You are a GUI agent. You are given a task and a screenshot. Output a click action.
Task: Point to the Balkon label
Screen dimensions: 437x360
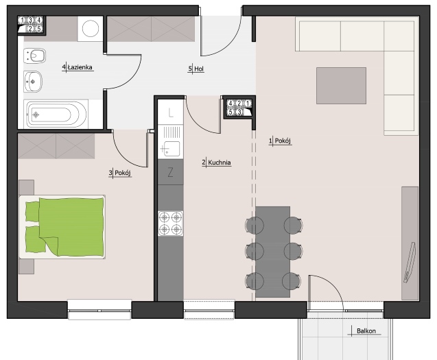click(x=366, y=331)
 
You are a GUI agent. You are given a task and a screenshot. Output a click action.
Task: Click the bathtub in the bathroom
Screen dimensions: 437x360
click(x=56, y=115)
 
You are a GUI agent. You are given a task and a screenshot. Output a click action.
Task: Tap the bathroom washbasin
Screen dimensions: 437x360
click(x=33, y=82)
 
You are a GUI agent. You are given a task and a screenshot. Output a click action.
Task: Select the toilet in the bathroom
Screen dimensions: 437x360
click(x=35, y=56)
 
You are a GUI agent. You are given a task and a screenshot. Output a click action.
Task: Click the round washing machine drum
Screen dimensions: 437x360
click(x=91, y=28)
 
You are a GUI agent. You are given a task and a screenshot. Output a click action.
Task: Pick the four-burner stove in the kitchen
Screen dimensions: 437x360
click(x=171, y=223)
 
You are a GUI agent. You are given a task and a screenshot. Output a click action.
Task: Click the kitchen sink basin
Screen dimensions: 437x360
click(x=172, y=148)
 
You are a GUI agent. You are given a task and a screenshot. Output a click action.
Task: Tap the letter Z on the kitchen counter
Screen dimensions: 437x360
click(x=170, y=173)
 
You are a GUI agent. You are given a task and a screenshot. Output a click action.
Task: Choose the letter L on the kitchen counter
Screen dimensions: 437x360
click(x=171, y=113)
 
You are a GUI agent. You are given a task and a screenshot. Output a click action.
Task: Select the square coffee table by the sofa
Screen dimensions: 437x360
click(x=341, y=86)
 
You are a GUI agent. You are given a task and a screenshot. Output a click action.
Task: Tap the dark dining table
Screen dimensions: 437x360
click(x=272, y=252)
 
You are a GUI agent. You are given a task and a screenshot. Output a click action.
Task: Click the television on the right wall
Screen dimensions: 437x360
click(x=410, y=263)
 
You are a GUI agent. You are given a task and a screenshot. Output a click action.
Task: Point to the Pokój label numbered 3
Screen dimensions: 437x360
click(x=120, y=173)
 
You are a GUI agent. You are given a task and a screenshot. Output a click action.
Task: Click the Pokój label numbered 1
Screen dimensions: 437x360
click(x=280, y=141)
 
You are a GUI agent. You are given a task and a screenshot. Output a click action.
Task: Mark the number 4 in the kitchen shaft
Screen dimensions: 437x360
click(x=231, y=104)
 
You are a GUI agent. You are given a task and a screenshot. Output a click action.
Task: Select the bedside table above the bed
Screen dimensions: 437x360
click(x=27, y=187)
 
